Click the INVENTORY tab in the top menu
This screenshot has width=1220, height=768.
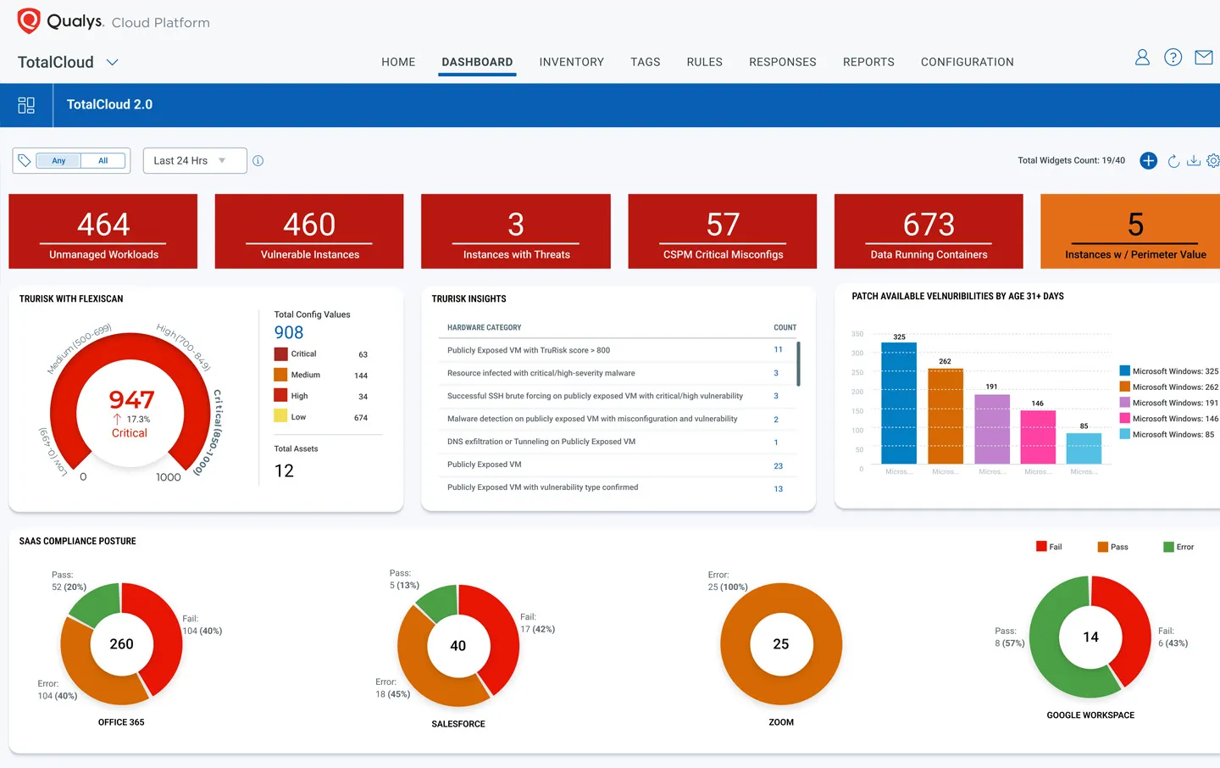pos(571,62)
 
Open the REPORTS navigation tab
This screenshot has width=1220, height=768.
pos(868,62)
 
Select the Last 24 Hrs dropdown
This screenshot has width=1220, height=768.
pos(194,160)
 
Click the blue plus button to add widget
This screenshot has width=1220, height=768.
pos(1148,160)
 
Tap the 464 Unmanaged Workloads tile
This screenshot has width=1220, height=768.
pos(103,231)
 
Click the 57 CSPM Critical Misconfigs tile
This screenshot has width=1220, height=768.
pos(723,231)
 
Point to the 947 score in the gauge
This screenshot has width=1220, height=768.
pos(131,399)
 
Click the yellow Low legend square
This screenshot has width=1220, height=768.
pos(280,416)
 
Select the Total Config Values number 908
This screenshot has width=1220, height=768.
pos(289,332)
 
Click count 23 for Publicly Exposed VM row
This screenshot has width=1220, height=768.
pos(778,465)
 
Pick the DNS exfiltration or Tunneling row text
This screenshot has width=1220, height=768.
pos(541,442)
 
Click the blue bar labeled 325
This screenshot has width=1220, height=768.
pos(898,403)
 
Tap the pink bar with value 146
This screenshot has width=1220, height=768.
pos(1038,437)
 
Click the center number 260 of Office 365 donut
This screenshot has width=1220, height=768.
pos(121,644)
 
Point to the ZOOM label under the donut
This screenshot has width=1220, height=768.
pos(781,722)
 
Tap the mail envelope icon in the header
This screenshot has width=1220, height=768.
pos(1203,58)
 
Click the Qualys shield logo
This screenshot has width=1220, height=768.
pos(29,21)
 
